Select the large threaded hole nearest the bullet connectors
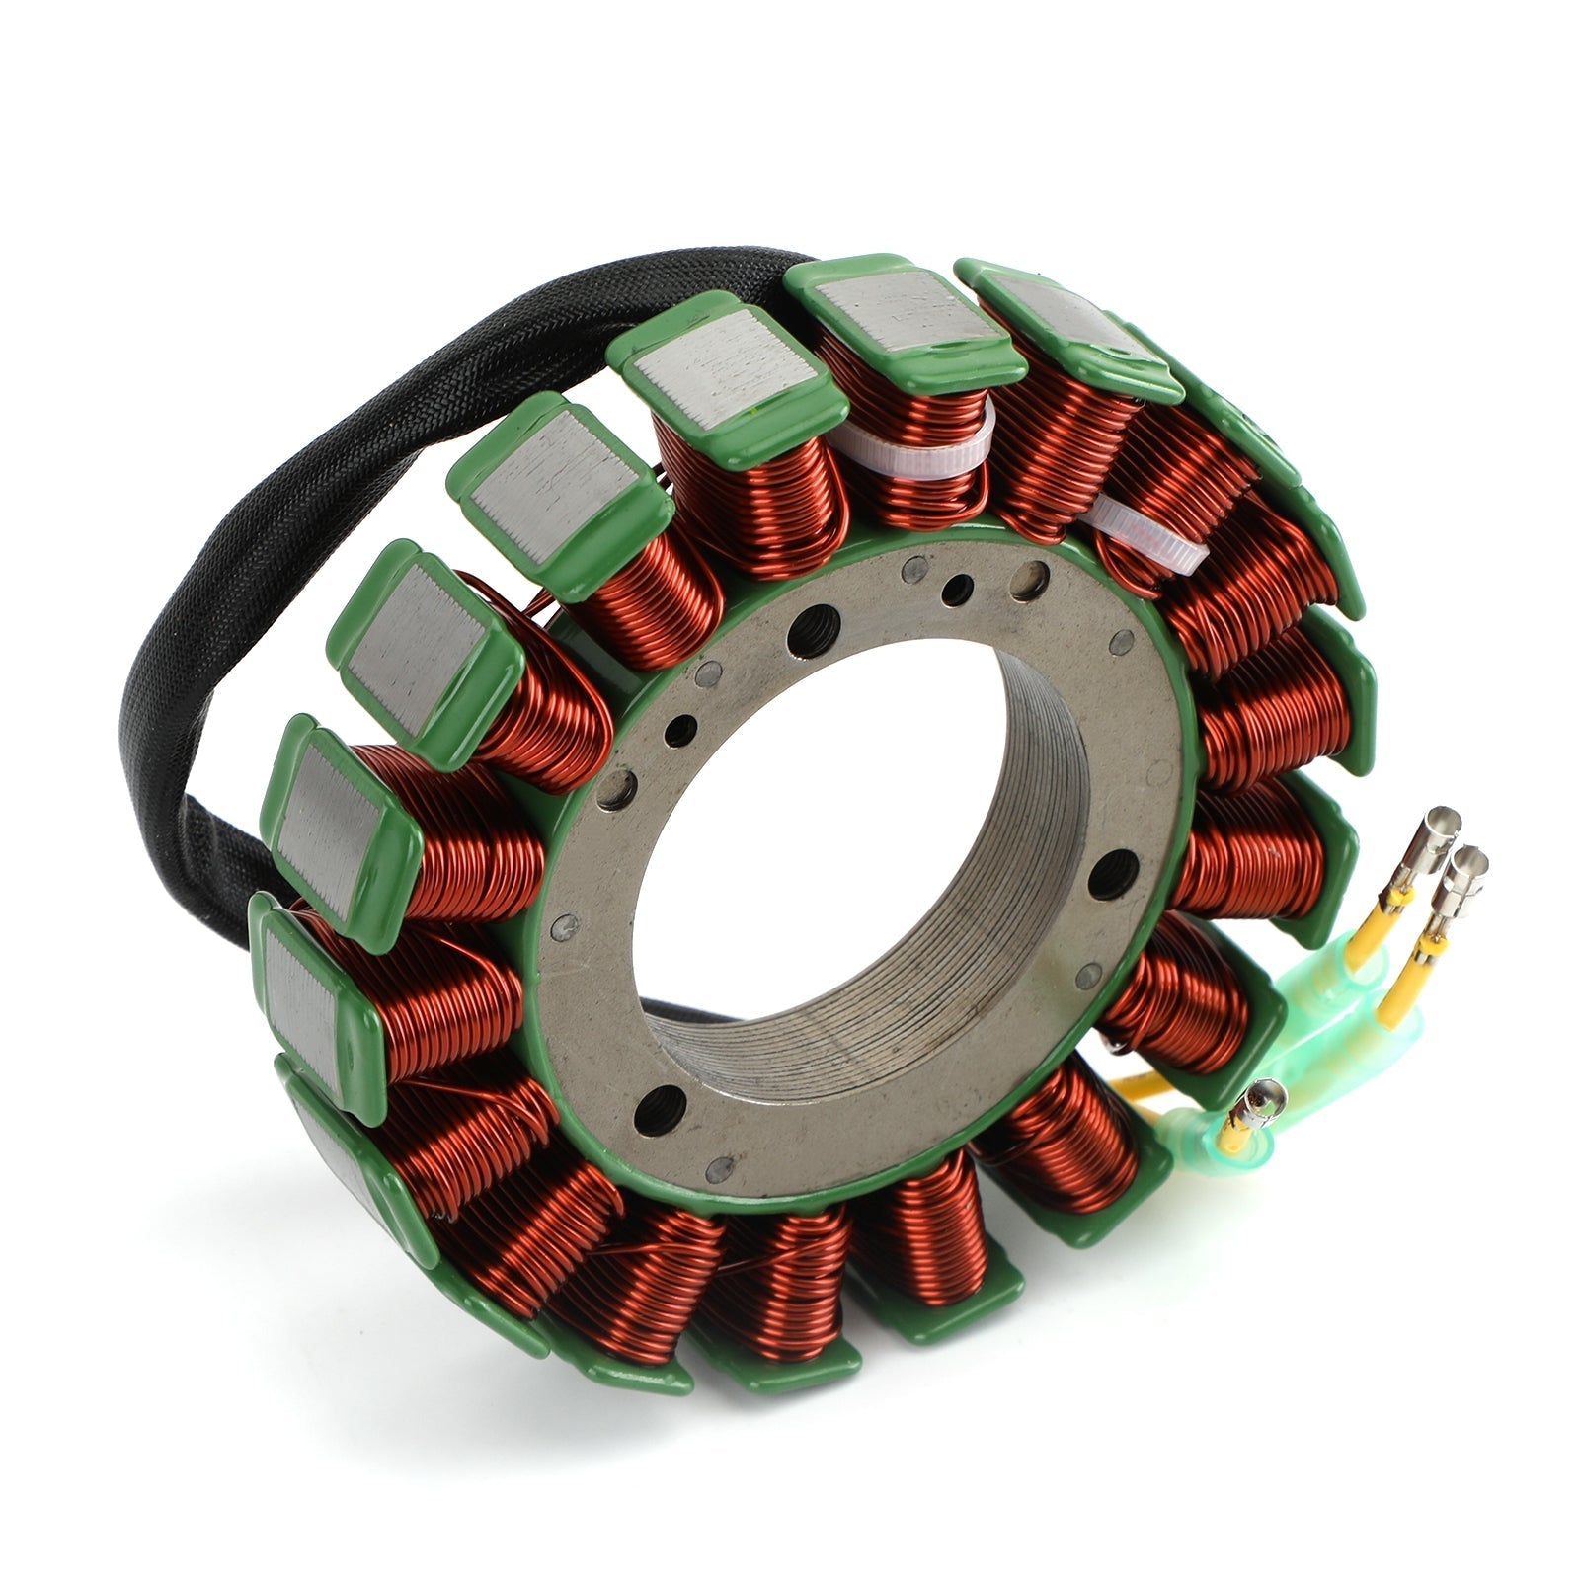pyautogui.click(x=1114, y=873)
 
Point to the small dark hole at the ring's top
pyautogui.click(x=956, y=591)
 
